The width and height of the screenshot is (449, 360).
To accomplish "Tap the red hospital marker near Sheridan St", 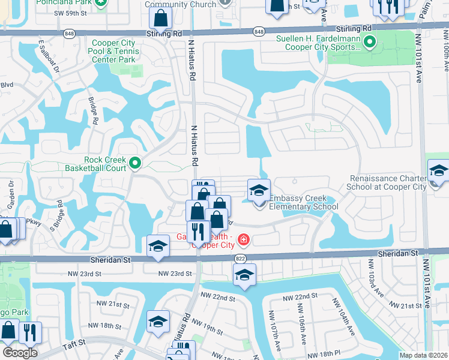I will click(243, 241).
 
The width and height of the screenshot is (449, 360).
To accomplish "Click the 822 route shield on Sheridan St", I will click(239, 257).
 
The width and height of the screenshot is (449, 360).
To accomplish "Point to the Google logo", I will click(19, 353).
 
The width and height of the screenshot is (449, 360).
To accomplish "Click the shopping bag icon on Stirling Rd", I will click(161, 19).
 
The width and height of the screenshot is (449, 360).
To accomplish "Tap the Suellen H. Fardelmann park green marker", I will click(370, 42).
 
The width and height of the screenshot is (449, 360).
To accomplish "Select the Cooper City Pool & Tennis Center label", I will click(115, 51).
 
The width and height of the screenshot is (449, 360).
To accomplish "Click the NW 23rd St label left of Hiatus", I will click(174, 274).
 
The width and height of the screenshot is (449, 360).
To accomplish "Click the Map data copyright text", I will click(424, 355).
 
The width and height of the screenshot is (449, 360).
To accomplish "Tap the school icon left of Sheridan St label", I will click(158, 246).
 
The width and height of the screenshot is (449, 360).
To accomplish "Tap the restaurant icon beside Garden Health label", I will click(197, 231).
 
